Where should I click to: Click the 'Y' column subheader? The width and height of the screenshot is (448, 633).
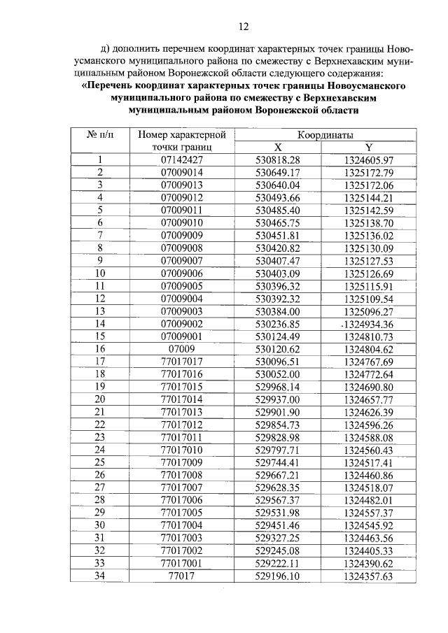point(369,148)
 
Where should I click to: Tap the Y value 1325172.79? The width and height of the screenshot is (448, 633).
point(369,173)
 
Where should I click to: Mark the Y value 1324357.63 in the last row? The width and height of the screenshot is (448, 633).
point(369,576)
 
